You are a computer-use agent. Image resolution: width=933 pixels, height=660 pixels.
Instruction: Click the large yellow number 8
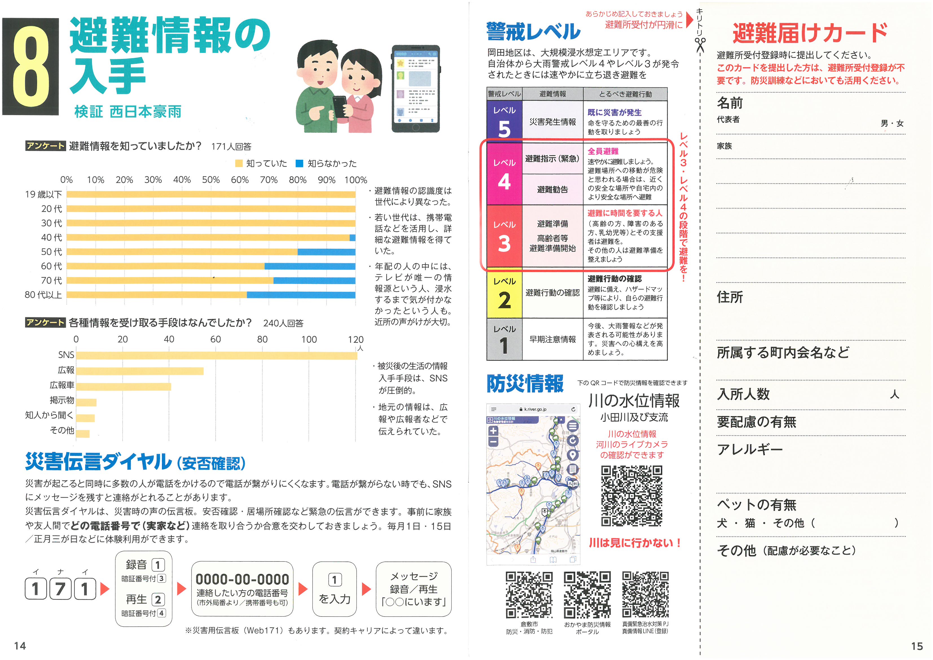tap(31, 67)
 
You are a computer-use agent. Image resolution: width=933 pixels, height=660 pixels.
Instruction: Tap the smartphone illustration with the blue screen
tap(416, 88)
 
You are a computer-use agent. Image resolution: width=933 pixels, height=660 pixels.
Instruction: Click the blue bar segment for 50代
tap(326, 252)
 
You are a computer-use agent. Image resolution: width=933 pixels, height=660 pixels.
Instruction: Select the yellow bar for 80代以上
tap(157, 295)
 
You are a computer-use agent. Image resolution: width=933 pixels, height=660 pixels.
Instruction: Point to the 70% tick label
tap(269, 180)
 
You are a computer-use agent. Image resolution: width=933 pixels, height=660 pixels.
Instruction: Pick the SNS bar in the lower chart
tap(217, 356)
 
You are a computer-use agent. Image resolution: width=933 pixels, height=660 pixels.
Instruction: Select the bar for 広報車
tap(124, 386)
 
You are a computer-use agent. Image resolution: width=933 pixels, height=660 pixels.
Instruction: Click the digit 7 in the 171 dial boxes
tap(60, 589)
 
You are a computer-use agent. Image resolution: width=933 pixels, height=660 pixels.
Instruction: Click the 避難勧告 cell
tap(552, 189)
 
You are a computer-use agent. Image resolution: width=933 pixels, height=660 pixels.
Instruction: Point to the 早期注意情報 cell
tap(552, 339)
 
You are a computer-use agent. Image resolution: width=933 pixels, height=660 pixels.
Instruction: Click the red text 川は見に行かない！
tap(635, 543)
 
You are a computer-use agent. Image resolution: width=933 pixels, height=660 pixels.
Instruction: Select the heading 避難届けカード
tap(810, 33)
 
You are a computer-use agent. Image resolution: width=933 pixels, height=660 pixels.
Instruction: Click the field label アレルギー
tap(750, 450)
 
